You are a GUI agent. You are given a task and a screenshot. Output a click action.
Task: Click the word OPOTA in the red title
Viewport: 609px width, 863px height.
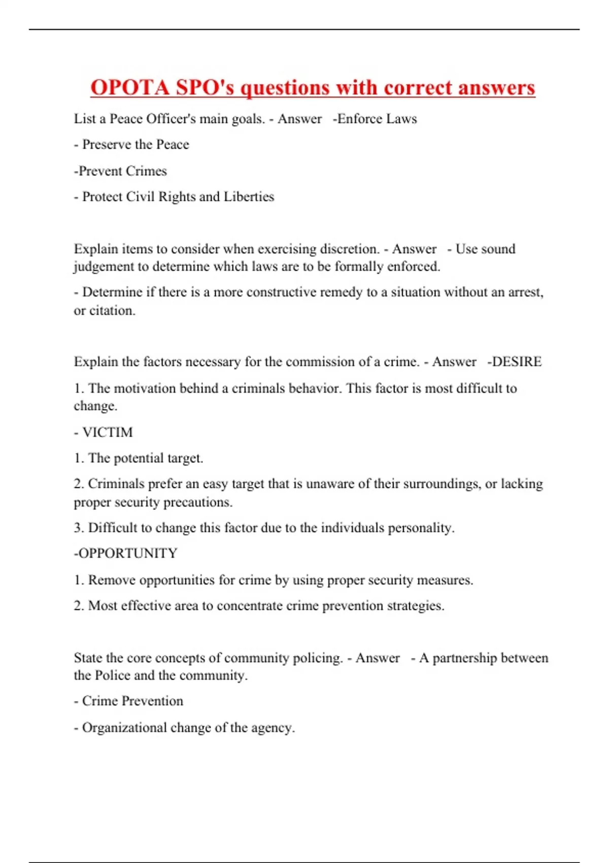coord(129,87)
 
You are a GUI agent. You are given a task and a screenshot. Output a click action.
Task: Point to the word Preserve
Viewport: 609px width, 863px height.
coord(107,145)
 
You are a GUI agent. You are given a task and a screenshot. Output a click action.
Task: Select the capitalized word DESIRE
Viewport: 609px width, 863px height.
coord(517,361)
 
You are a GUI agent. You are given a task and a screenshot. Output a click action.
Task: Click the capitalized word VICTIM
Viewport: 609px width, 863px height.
coord(107,432)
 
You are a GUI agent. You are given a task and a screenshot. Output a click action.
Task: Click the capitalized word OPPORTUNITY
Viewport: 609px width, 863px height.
coord(127,553)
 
